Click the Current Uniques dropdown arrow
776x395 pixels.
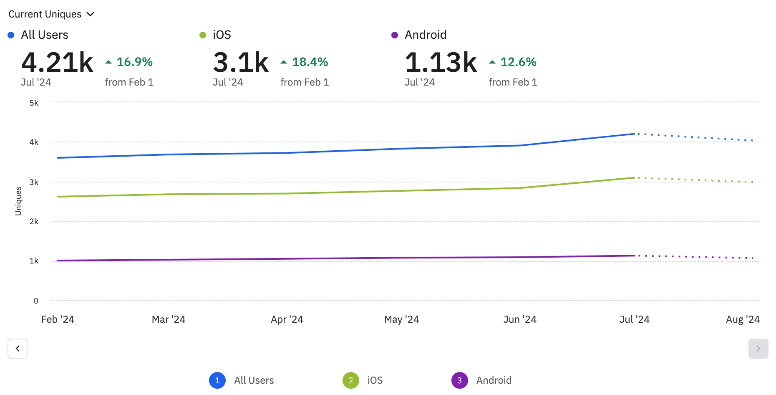click(91, 14)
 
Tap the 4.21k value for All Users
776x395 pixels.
click(57, 63)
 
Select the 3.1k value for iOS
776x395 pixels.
click(241, 63)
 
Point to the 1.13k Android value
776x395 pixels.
click(441, 63)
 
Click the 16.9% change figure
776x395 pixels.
click(134, 62)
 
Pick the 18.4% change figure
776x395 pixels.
click(310, 62)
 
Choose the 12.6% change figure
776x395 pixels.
click(518, 62)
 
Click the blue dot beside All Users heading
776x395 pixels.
click(11, 35)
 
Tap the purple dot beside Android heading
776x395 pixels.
click(395, 35)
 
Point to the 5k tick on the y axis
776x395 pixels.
click(34, 103)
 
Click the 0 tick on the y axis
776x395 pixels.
click(36, 301)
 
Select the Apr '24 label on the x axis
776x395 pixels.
click(287, 319)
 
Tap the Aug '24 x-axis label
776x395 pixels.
click(743, 319)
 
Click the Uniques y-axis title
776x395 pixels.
click(18, 201)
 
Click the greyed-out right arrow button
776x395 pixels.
click(758, 349)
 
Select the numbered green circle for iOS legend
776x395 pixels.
click(351, 380)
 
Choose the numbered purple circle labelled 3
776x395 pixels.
click(459, 380)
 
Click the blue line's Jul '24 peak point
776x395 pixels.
click(635, 134)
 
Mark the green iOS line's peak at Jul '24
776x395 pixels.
click(635, 177)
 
